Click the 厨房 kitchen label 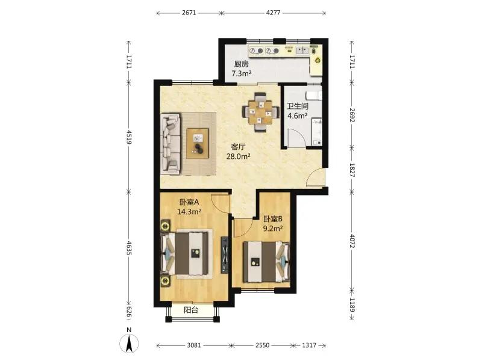coord(242,64)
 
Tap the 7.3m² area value coord(242,73)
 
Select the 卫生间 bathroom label coord(298,106)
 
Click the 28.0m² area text coord(238,156)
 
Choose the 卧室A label coord(189,202)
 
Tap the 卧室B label coord(273,219)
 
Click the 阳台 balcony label coord(191,310)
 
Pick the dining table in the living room coord(261,113)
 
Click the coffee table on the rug coord(198,144)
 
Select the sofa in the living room coord(171,144)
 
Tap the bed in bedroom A coord(187,253)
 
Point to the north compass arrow coord(130,343)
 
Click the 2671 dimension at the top coord(189,13)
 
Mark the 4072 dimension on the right coord(352,241)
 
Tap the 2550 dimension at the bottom coord(263,345)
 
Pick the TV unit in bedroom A coord(225,255)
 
